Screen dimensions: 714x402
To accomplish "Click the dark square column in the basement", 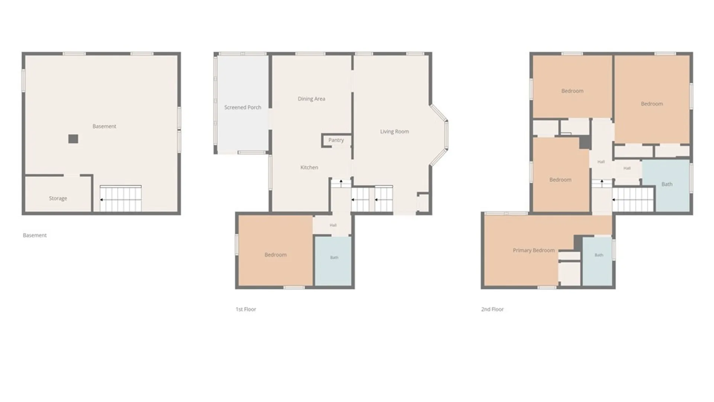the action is pyautogui.click(x=73, y=139).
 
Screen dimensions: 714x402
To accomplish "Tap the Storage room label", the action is pyautogui.click(x=58, y=198).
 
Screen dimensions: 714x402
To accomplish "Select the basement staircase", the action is pyautogui.click(x=120, y=198).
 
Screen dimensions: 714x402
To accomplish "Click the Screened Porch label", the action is pyautogui.click(x=242, y=107).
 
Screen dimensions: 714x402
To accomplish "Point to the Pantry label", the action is pyautogui.click(x=336, y=140).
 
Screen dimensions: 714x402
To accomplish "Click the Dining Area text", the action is pyautogui.click(x=311, y=99).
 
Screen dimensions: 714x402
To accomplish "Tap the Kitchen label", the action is pyautogui.click(x=309, y=167).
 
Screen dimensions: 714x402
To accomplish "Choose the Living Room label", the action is pyautogui.click(x=394, y=131).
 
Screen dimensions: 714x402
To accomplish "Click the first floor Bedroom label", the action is pyautogui.click(x=276, y=255).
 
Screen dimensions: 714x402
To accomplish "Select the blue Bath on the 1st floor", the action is pyautogui.click(x=333, y=261).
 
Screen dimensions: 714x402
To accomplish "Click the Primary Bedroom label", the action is pyautogui.click(x=534, y=250).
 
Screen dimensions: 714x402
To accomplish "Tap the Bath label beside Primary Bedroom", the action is pyautogui.click(x=599, y=255).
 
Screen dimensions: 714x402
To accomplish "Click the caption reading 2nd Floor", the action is pyautogui.click(x=492, y=309).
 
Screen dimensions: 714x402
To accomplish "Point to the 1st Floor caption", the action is pyautogui.click(x=246, y=309).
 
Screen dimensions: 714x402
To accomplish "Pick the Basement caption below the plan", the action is pyautogui.click(x=35, y=235).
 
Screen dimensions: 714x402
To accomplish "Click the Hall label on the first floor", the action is pyautogui.click(x=333, y=225).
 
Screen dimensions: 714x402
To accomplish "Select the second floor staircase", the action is pyautogui.click(x=633, y=200).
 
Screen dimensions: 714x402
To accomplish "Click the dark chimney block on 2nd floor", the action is pyautogui.click(x=585, y=143).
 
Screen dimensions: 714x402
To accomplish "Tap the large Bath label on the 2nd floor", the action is pyautogui.click(x=667, y=184).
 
